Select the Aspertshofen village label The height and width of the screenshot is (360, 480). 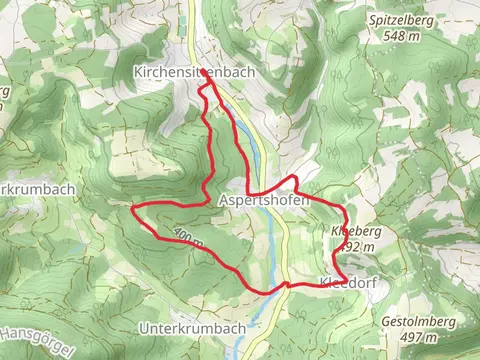click(263, 200)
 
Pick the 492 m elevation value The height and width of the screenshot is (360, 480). click(357, 245)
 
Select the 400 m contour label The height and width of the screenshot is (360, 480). click(187, 237)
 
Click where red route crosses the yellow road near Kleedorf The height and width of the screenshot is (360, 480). click(288, 285)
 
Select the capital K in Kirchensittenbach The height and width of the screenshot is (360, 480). click(138, 72)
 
